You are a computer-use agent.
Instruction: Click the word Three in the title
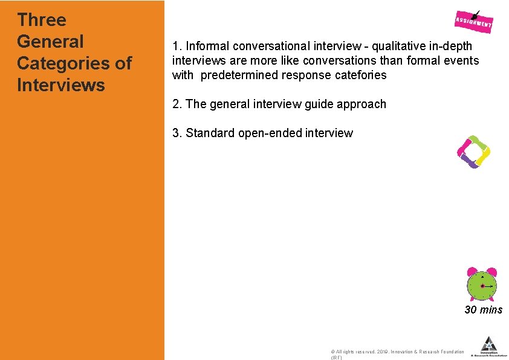coord(42,20)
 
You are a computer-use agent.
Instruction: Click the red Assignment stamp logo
coord(474,22)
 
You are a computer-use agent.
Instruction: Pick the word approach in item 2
coord(362,104)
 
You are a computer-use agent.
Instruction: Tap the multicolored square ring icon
coord(473,152)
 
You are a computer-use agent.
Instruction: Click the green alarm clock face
coord(482,285)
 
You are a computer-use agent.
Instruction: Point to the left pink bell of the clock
coord(472,272)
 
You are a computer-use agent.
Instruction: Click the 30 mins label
coord(483,310)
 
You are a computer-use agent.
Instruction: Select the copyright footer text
coord(397,352)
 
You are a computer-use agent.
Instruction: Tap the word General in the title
coord(51,42)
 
